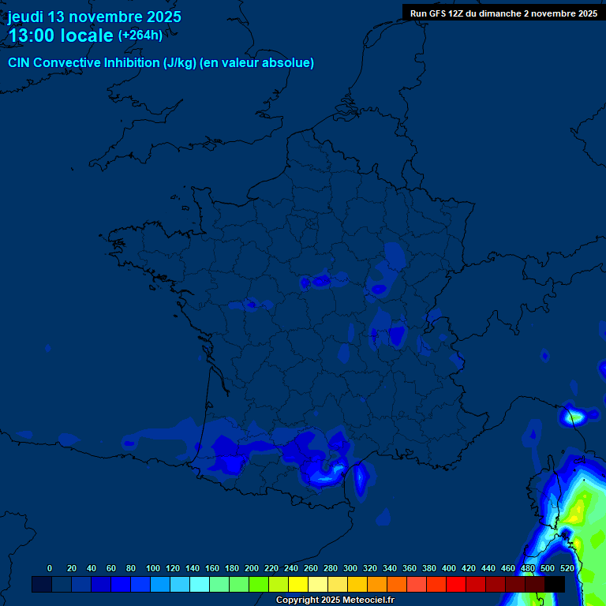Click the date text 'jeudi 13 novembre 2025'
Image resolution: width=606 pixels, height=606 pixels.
click(94, 17)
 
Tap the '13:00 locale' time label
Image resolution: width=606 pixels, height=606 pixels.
click(61, 36)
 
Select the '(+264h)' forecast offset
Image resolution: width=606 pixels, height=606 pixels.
click(140, 36)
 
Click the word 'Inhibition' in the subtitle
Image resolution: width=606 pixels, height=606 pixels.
click(131, 63)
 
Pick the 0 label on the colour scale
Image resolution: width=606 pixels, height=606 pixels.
click(50, 568)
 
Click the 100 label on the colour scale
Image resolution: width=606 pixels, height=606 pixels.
click(153, 568)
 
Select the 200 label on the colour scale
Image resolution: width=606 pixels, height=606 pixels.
click(252, 568)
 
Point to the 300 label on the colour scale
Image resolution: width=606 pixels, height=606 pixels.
click(350, 568)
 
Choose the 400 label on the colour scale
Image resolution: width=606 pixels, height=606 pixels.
click(449, 568)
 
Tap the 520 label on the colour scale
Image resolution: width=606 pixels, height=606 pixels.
click(567, 568)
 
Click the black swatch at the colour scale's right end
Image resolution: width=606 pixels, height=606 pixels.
click(555, 584)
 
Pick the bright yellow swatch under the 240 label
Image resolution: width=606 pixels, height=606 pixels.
click(298, 584)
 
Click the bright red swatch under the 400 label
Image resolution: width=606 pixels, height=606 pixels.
click(456, 584)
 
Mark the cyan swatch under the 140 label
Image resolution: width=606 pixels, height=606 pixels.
click(200, 584)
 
